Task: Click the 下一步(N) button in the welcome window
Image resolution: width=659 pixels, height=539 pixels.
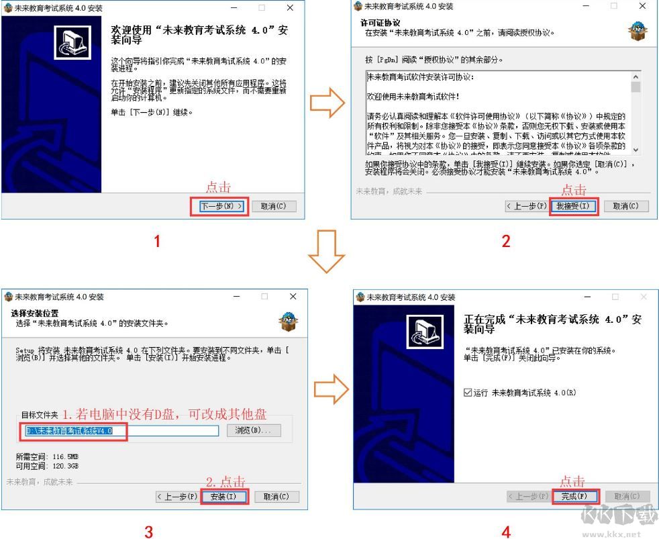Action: click(219, 206)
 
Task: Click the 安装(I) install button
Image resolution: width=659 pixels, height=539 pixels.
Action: click(223, 497)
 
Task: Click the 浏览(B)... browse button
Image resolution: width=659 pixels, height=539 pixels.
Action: click(254, 430)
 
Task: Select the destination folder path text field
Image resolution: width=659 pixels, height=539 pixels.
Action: click(121, 430)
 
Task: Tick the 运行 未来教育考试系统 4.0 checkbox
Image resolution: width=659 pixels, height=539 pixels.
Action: click(468, 393)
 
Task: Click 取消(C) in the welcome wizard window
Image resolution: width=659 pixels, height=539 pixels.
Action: click(273, 206)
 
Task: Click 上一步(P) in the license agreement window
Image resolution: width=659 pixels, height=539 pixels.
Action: click(526, 206)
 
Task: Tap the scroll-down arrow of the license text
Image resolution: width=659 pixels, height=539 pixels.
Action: click(636, 150)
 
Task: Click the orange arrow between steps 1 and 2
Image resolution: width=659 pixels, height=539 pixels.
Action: click(327, 103)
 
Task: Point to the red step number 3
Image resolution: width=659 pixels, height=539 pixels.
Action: click(148, 532)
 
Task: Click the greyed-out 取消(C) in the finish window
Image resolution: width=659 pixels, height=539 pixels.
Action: click(627, 497)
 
